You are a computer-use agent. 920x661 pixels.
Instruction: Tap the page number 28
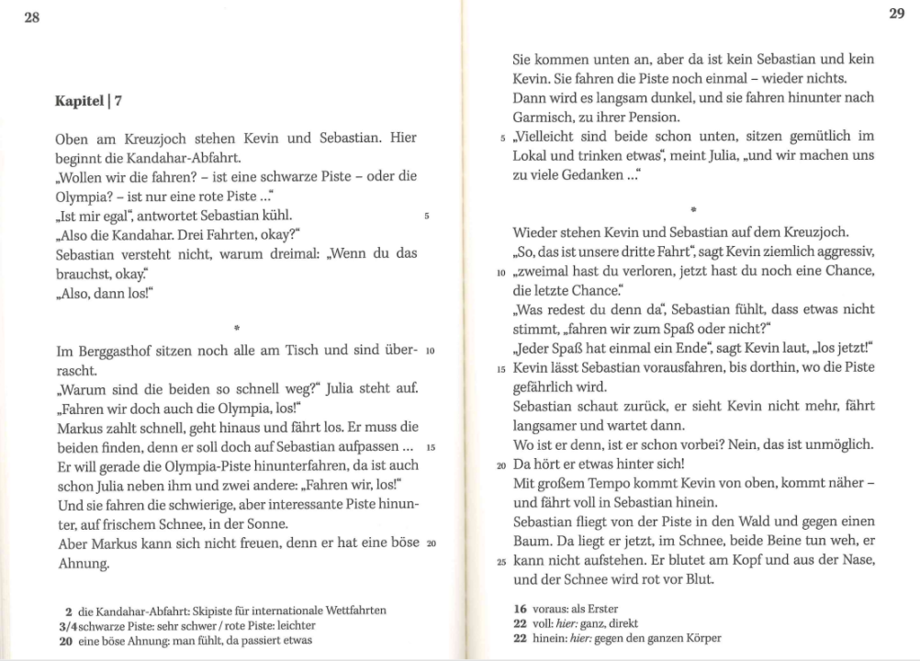tap(31, 17)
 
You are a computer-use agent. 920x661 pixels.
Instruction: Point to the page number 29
tap(896, 13)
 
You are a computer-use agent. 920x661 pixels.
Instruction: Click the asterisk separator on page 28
tap(237, 327)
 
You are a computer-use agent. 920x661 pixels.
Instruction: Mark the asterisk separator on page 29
tap(693, 211)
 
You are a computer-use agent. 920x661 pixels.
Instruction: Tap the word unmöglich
tap(838, 443)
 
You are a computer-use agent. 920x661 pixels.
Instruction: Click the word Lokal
tap(531, 155)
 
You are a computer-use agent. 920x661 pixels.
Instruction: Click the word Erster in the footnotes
tap(599, 608)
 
